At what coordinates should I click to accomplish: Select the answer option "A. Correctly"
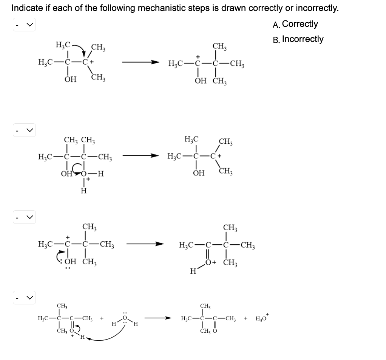pos(295,24)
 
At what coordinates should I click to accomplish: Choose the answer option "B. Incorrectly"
pos(298,39)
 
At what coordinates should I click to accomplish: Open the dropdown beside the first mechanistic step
pos(24,26)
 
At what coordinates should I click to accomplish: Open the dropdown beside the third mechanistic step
pos(24,217)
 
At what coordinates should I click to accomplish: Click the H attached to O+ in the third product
pos(193,270)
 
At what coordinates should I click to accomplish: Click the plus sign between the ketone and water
pos(102,318)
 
